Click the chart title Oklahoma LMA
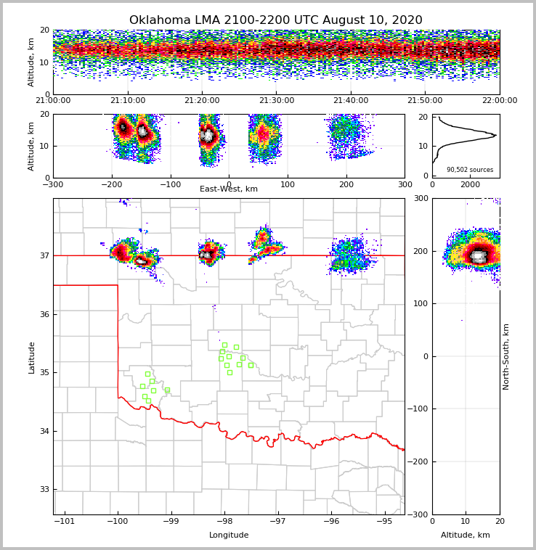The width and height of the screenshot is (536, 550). pos(275,20)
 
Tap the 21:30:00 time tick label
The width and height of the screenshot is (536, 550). pos(277,101)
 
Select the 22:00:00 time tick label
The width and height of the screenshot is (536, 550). pos(499,101)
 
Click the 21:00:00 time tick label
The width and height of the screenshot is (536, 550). pos(53,101)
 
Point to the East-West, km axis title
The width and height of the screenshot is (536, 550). pos(229,189)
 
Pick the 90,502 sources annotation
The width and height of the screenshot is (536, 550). pos(470,170)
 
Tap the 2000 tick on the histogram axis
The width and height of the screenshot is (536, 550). pos(471,185)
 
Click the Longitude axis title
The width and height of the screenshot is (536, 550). pos(229,535)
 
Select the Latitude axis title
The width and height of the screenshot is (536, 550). pos(32,357)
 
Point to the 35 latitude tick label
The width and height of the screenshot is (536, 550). pos(44,373)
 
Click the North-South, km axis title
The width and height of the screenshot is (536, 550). pos(506,356)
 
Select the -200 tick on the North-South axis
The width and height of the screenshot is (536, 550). pos(419,461)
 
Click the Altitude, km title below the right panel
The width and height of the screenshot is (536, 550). pos(466,535)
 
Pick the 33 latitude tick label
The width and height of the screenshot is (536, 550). pos(44,490)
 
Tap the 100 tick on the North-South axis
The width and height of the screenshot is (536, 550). pos(421,303)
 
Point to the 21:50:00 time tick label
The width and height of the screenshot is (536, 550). pos(425,101)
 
